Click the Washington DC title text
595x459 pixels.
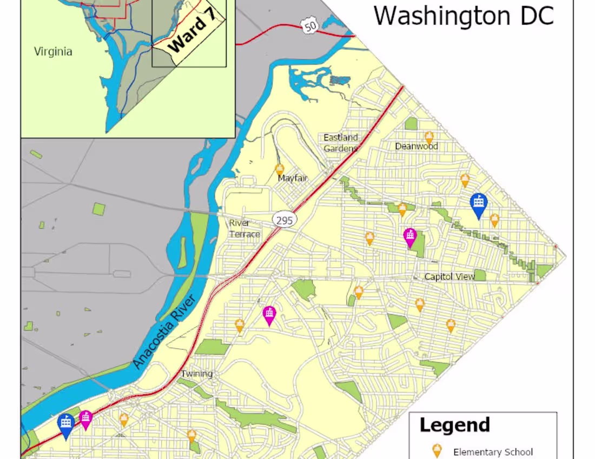coord(464,16)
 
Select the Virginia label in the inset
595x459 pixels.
coord(53,52)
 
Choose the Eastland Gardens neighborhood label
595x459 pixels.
coord(341,143)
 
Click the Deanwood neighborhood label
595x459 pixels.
coord(416,147)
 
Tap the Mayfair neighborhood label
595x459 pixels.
coord(293,178)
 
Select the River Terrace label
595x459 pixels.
coord(244,229)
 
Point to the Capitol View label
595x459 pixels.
coord(449,277)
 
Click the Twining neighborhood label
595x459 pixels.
coord(196,374)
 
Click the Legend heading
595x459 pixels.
coord(454,425)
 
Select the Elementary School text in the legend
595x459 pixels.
coord(493,452)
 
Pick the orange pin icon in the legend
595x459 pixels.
coord(437,451)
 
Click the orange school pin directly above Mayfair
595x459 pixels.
coord(280,169)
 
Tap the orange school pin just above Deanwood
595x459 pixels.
coord(429,137)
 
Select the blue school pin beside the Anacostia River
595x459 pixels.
coord(66,424)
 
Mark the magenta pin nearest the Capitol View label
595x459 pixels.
coord(410,236)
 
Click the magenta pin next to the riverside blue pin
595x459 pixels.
coord(85,418)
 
